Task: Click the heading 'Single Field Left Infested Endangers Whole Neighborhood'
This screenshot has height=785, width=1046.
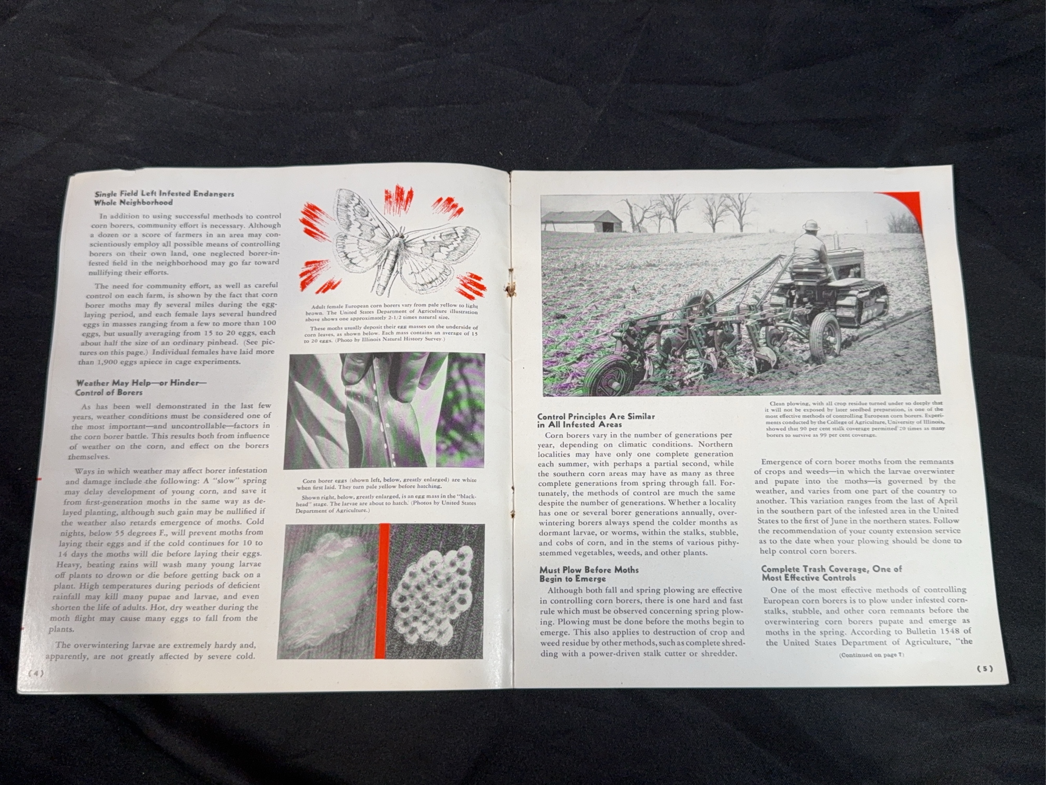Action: click(164, 198)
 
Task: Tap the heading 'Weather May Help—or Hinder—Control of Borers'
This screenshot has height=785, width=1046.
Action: click(141, 387)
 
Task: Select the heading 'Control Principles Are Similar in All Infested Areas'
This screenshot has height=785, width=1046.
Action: click(596, 420)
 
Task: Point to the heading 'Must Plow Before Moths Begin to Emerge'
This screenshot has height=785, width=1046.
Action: click(589, 573)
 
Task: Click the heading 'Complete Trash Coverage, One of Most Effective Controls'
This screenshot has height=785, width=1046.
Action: click(831, 573)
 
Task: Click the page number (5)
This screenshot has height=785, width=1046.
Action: click(985, 668)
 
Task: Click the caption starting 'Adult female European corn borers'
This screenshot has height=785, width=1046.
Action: click(390, 311)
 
